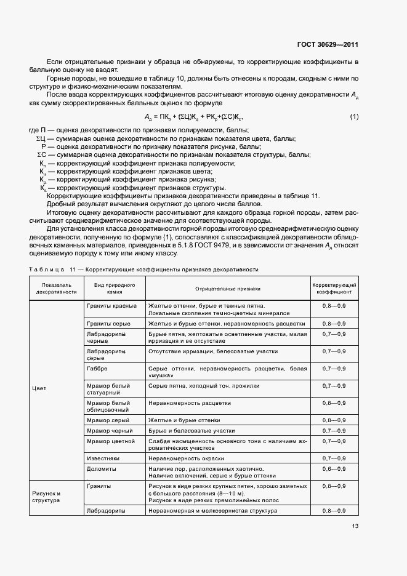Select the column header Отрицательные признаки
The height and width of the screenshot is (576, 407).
point(227,288)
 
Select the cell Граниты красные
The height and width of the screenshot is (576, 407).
point(111,305)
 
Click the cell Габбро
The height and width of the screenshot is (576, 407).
point(97,368)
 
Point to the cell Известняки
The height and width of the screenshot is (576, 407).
point(103,458)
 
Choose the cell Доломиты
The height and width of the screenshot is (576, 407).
point(101,469)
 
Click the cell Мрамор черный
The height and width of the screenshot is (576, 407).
point(110,430)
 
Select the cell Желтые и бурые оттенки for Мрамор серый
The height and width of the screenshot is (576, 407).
point(184,420)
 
